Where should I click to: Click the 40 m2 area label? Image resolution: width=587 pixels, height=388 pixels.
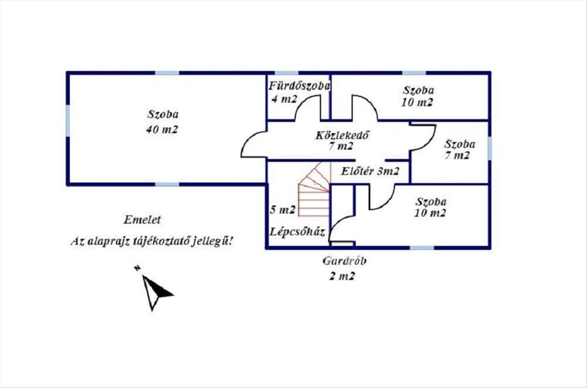[x=162, y=130]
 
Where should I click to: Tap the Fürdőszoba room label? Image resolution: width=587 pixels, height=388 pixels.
[x=299, y=87]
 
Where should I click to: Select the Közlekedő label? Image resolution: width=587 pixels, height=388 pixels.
[x=341, y=135]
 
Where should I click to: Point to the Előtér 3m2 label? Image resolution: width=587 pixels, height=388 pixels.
[x=370, y=171]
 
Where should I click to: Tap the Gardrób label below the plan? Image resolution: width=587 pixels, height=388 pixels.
[x=344, y=261]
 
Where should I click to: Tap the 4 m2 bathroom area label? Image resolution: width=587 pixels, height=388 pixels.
[x=284, y=99]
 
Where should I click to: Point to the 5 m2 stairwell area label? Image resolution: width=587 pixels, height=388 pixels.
[x=283, y=210]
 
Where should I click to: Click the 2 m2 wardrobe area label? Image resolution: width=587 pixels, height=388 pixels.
[x=341, y=276]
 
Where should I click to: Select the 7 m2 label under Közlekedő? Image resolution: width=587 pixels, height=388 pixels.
[x=341, y=146]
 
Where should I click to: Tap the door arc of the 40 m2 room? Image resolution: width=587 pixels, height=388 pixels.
[x=252, y=146]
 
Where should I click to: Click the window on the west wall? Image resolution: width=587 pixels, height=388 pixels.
[x=68, y=120]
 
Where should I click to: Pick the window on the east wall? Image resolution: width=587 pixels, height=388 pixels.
[x=489, y=148]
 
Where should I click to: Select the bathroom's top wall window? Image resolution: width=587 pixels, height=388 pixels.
[x=286, y=73]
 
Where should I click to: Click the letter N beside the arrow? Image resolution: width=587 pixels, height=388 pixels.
[x=138, y=268]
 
